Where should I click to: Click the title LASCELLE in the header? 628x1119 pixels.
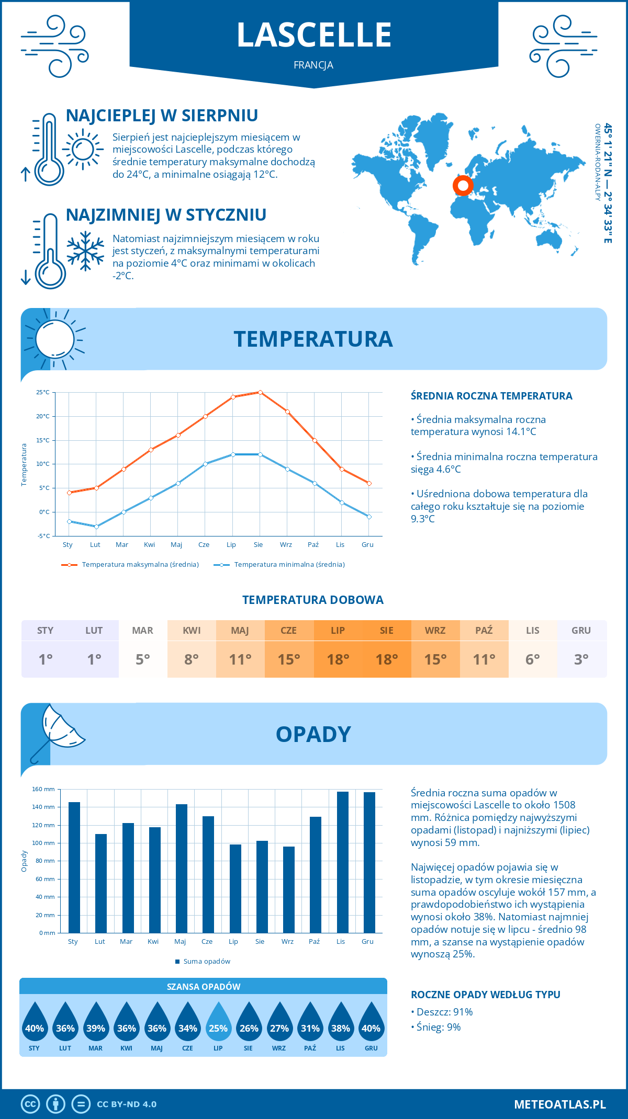(x=314, y=35)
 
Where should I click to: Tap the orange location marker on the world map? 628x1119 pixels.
(x=463, y=185)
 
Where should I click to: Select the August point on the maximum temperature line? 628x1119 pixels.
(x=260, y=392)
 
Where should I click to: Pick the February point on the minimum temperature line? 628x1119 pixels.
(x=96, y=527)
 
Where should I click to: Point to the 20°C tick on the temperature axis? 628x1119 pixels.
(x=43, y=416)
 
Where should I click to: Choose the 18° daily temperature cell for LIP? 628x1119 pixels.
(x=338, y=659)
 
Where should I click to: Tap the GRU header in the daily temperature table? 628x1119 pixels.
(x=581, y=631)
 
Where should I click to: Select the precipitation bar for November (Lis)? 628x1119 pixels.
(x=343, y=862)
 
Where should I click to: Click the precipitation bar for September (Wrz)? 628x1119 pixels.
(x=289, y=889)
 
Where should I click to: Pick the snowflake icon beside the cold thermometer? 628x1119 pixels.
(x=85, y=251)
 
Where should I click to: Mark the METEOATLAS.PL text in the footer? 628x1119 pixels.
(x=560, y=1104)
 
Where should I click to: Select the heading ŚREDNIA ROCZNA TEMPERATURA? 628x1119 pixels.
(x=491, y=396)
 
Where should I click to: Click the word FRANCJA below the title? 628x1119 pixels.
(x=313, y=65)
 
